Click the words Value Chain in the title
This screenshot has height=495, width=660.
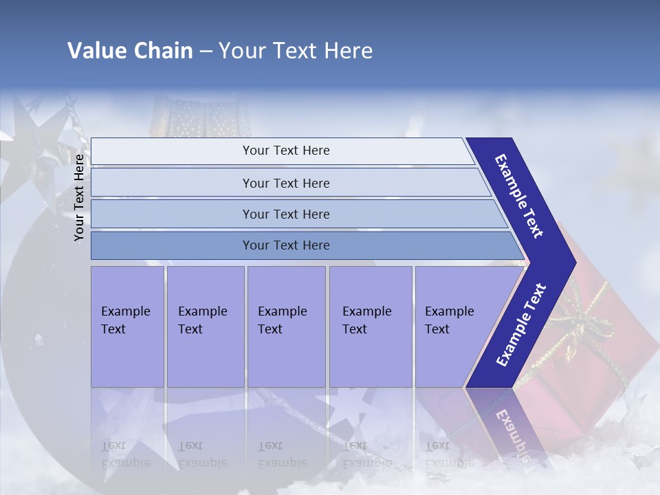130,51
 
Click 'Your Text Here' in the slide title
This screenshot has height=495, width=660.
296,51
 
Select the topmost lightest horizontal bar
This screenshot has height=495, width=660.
282,151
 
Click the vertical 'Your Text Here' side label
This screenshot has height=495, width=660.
79,197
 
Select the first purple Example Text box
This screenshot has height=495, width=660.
127,327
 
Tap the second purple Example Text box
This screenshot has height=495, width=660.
205,327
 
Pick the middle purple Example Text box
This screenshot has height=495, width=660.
286,327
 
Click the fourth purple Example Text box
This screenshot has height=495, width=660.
370,327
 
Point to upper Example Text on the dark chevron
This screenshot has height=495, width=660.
519,196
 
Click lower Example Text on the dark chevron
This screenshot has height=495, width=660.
520,325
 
